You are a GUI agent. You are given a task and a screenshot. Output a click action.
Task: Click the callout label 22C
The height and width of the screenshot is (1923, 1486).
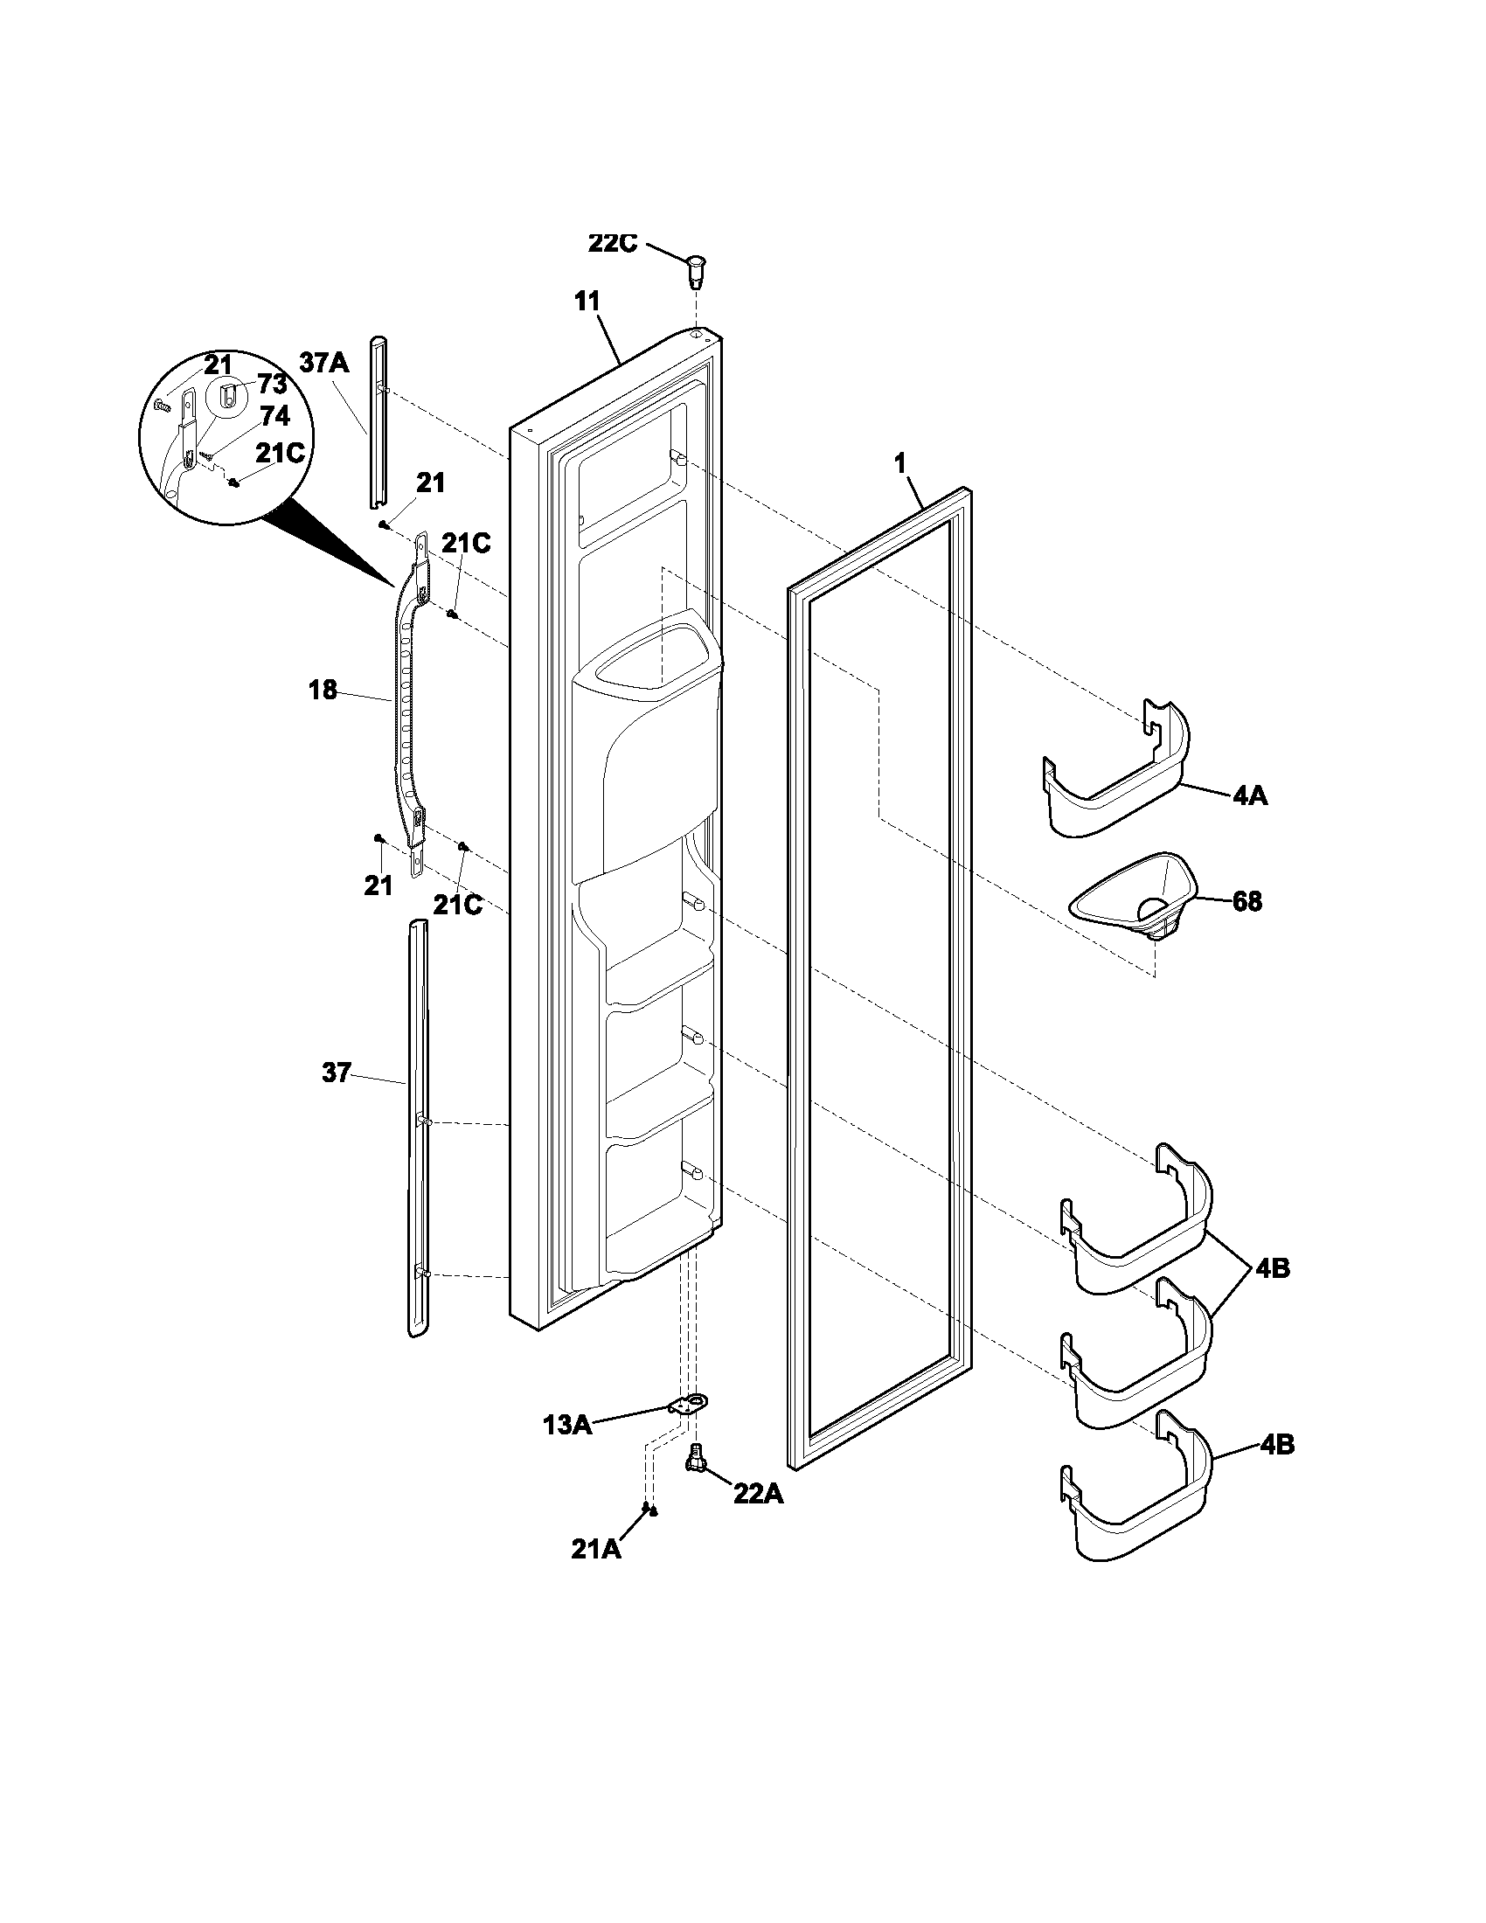(612, 243)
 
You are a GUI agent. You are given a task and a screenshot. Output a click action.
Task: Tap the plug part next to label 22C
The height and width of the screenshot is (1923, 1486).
(697, 268)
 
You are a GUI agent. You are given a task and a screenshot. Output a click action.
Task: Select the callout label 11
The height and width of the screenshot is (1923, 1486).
(587, 302)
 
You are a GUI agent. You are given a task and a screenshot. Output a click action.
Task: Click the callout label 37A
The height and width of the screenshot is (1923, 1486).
(325, 363)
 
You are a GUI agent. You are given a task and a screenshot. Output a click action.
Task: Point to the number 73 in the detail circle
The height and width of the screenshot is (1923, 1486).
(272, 385)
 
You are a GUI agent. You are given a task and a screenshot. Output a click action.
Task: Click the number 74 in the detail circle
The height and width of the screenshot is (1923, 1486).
(274, 415)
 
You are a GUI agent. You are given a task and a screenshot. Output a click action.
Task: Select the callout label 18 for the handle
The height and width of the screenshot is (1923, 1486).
(323, 690)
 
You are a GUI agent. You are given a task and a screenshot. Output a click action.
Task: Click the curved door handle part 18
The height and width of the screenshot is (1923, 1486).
(406, 705)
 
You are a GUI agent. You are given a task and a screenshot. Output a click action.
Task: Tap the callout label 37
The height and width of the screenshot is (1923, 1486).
(337, 1073)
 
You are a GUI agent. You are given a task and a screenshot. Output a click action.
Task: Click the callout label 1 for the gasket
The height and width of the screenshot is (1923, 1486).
(900, 464)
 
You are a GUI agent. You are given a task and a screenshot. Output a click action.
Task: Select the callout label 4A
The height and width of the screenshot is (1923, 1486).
(1249, 796)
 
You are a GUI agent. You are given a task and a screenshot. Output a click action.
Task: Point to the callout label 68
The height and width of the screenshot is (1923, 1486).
(1246, 902)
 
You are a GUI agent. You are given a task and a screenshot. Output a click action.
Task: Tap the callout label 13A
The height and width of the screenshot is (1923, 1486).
(567, 1424)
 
